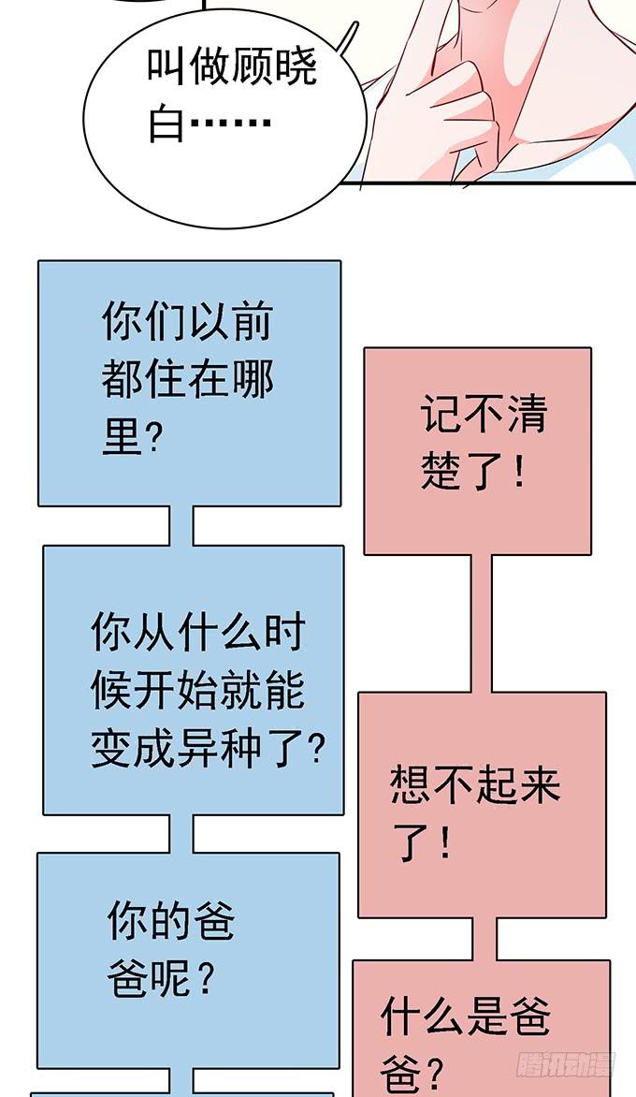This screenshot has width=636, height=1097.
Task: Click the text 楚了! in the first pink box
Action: (472, 474)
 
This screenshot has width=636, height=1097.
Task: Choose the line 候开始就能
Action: (198, 694)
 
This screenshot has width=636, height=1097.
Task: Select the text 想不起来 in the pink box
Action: (475, 783)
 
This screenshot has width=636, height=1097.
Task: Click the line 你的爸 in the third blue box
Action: (171, 923)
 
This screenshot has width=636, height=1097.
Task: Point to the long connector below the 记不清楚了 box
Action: (481, 623)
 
